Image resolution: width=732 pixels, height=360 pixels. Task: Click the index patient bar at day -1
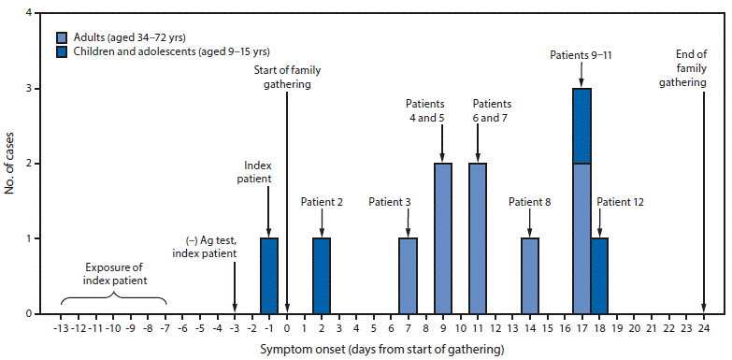[x=269, y=276]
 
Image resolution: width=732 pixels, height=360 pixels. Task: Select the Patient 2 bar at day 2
[x=322, y=276]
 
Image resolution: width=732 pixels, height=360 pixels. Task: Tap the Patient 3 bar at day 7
[x=409, y=276]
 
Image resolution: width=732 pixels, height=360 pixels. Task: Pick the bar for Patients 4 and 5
[x=443, y=238]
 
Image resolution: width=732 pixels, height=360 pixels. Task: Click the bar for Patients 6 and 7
[x=478, y=238]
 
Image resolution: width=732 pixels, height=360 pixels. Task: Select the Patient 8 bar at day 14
[x=530, y=276]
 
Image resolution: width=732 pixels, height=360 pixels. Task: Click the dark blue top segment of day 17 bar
[x=582, y=125]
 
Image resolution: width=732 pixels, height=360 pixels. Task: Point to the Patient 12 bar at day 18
[x=599, y=276]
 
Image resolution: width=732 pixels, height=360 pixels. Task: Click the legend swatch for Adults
[x=61, y=37]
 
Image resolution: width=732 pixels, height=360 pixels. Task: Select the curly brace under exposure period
[x=113, y=300]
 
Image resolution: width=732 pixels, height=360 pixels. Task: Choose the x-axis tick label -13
[x=60, y=328]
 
